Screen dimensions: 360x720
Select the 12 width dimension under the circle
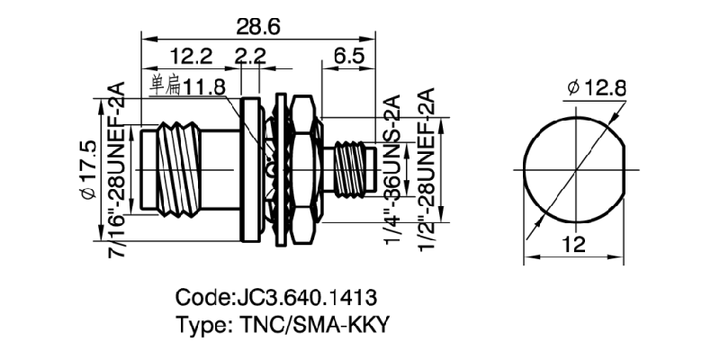pyautogui.click(x=576, y=243)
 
